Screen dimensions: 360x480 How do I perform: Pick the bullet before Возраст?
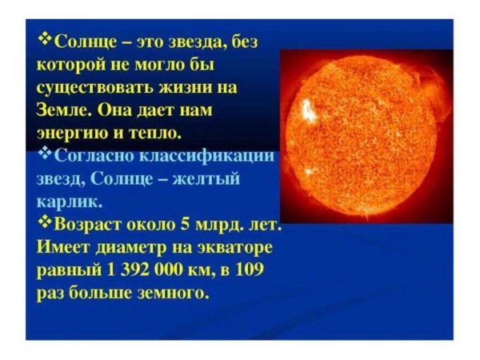pyautogui.click(x=46, y=218)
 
